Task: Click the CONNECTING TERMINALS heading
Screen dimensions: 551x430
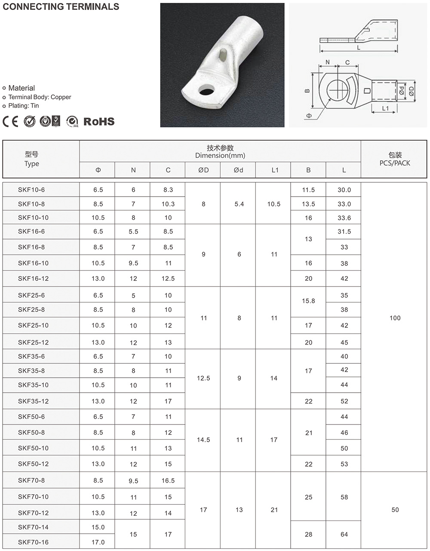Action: (61, 6)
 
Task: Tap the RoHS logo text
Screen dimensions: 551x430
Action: (99, 122)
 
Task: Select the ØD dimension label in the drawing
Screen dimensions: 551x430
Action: (411, 91)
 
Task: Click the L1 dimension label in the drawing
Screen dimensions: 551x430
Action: (385, 108)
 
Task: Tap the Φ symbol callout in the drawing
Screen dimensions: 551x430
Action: (309, 116)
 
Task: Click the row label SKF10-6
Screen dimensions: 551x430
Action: (31, 190)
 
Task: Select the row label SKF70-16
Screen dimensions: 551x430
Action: (33, 542)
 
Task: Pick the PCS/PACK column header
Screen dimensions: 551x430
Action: (395, 163)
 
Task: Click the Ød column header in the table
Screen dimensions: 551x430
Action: (238, 170)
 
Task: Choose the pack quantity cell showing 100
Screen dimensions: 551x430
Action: (395, 318)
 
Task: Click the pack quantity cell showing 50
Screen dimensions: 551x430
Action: (395, 510)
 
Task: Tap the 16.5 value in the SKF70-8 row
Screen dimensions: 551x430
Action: (168, 480)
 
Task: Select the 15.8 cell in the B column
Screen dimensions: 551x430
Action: (308, 301)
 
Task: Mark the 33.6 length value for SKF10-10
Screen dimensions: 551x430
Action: (344, 218)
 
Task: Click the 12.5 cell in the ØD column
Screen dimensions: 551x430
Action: (203, 378)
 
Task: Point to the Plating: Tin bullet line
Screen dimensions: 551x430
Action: (23, 105)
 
